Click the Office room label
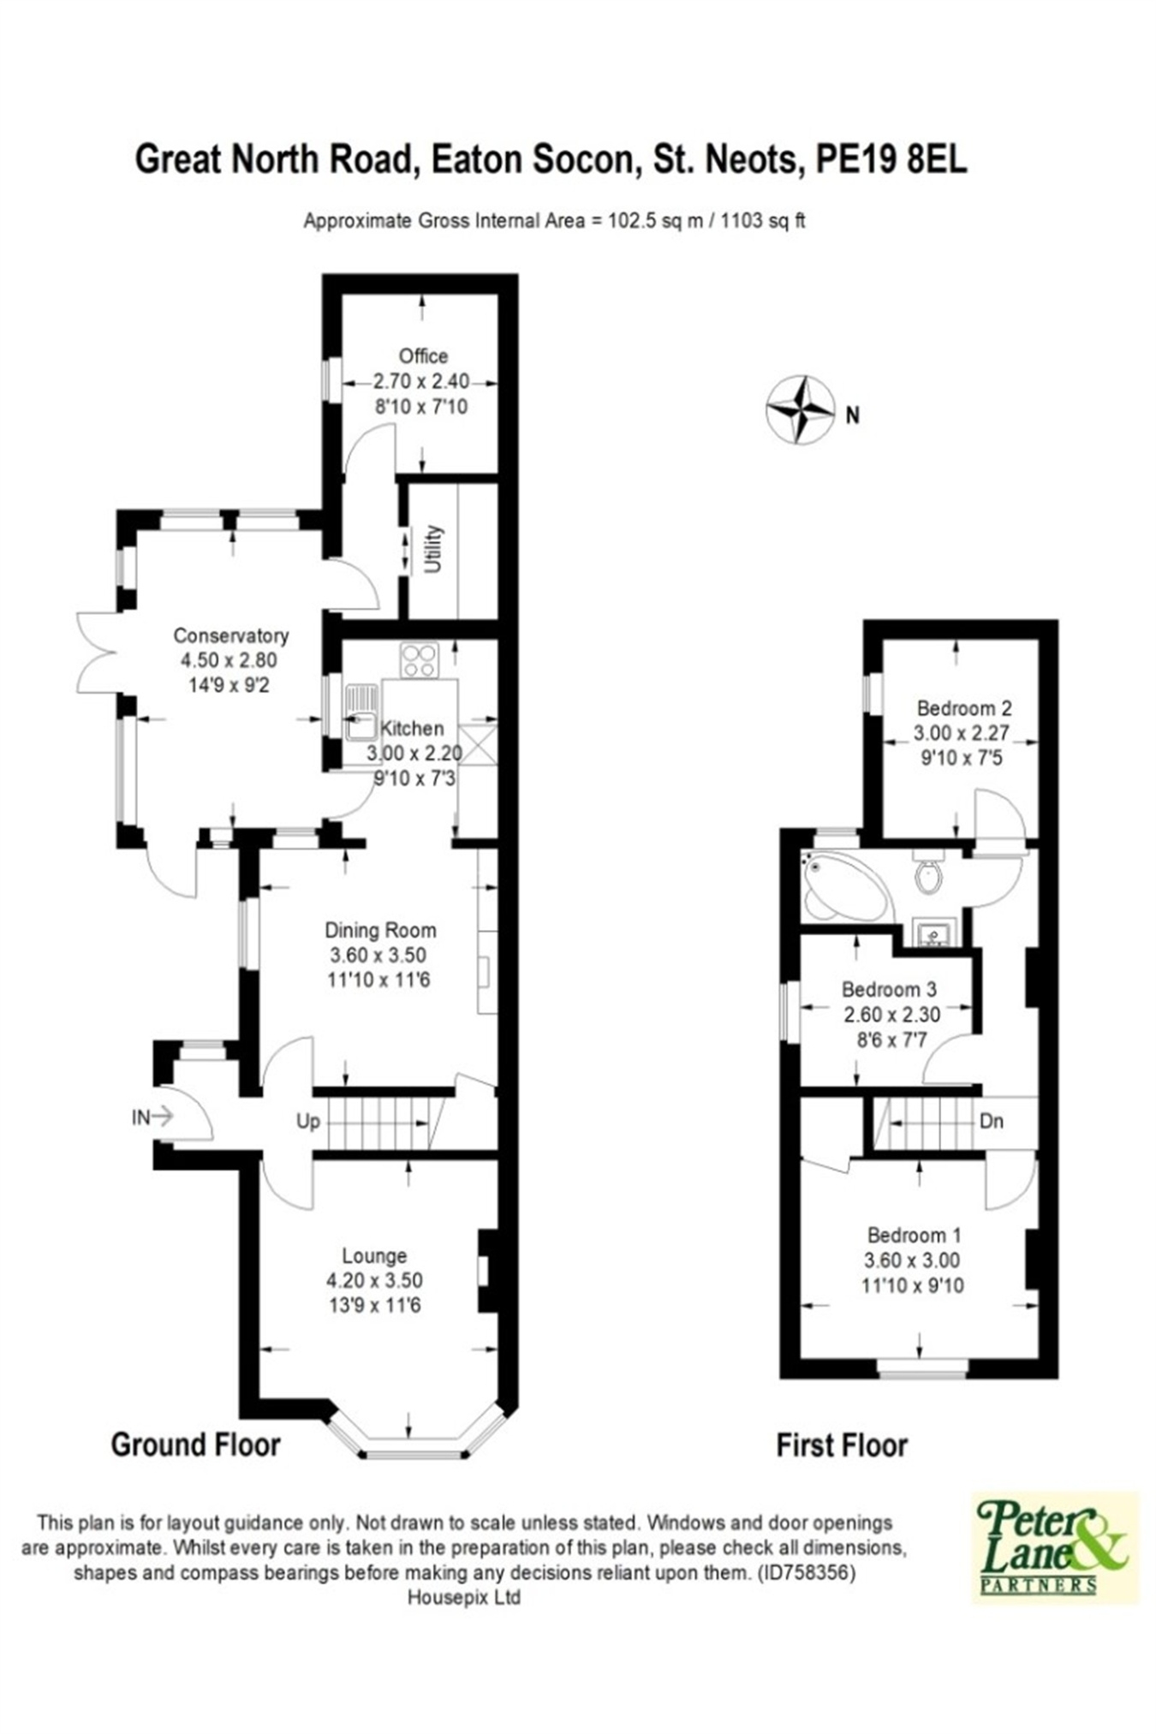pyautogui.click(x=423, y=355)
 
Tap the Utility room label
pyautogui.click(x=433, y=549)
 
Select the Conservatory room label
pyautogui.click(x=230, y=635)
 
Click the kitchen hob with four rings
pyautogui.click(x=420, y=660)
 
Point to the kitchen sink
pyautogui.click(x=361, y=712)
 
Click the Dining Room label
pyautogui.click(x=380, y=930)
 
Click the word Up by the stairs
pyautogui.click(x=308, y=1121)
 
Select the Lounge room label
pyautogui.click(x=374, y=1255)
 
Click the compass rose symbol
pyautogui.click(x=800, y=409)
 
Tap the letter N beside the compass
pyautogui.click(x=852, y=415)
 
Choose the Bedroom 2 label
pyautogui.click(x=964, y=708)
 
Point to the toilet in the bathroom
pyautogui.click(x=928, y=871)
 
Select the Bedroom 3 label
pyautogui.click(x=889, y=990)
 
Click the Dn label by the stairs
pyautogui.click(x=992, y=1121)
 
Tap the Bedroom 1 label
pyautogui.click(x=914, y=1235)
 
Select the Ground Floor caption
pyautogui.click(x=196, y=1445)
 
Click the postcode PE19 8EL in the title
pyautogui.click(x=891, y=159)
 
